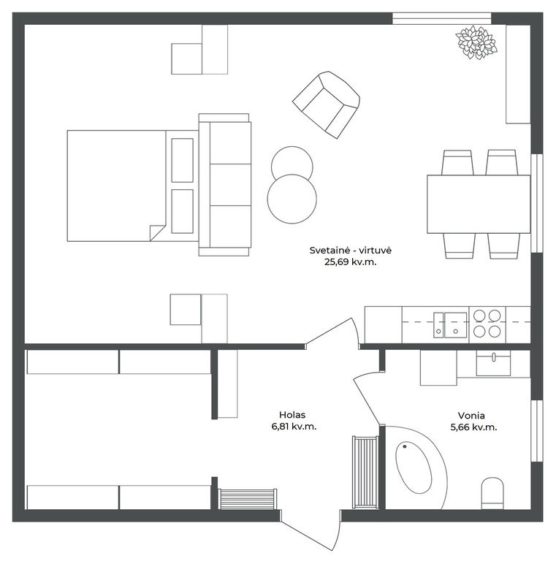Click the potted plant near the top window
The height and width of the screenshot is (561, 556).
click(476, 42)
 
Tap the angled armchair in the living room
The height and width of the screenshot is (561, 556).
click(326, 104)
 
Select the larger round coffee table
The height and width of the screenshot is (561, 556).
click(292, 199)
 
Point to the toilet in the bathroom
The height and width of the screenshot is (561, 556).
click(492, 493)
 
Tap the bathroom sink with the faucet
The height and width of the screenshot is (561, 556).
click(493, 363)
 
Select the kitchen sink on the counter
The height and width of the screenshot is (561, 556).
click(450, 325)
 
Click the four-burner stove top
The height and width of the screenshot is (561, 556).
click(487, 324)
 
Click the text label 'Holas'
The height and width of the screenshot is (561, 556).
click(292, 415)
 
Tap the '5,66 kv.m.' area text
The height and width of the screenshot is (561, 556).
click(473, 427)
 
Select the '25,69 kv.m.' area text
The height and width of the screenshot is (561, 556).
click(351, 262)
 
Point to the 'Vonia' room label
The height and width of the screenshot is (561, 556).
click(471, 416)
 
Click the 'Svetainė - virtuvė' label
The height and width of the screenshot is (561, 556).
click(351, 250)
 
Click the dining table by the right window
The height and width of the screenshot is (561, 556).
click(479, 204)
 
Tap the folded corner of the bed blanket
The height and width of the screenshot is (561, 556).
click(156, 232)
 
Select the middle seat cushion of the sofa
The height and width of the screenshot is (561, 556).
click(230, 185)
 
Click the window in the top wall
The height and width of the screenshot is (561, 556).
click(441, 18)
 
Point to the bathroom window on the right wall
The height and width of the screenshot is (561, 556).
click(537, 431)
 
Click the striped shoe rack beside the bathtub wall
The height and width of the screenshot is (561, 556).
click(365, 472)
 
